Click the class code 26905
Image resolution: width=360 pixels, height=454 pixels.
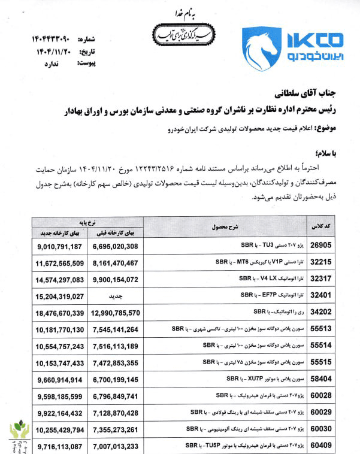pyautogui.click(x=320, y=246)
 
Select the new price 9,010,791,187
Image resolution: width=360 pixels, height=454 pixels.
pyautogui.click(x=59, y=246)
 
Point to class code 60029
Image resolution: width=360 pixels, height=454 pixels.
pyautogui.click(x=320, y=413)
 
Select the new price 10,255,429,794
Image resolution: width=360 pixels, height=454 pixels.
pyautogui.click(x=59, y=430)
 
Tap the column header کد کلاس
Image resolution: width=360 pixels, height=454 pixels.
pyautogui.click(x=319, y=228)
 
